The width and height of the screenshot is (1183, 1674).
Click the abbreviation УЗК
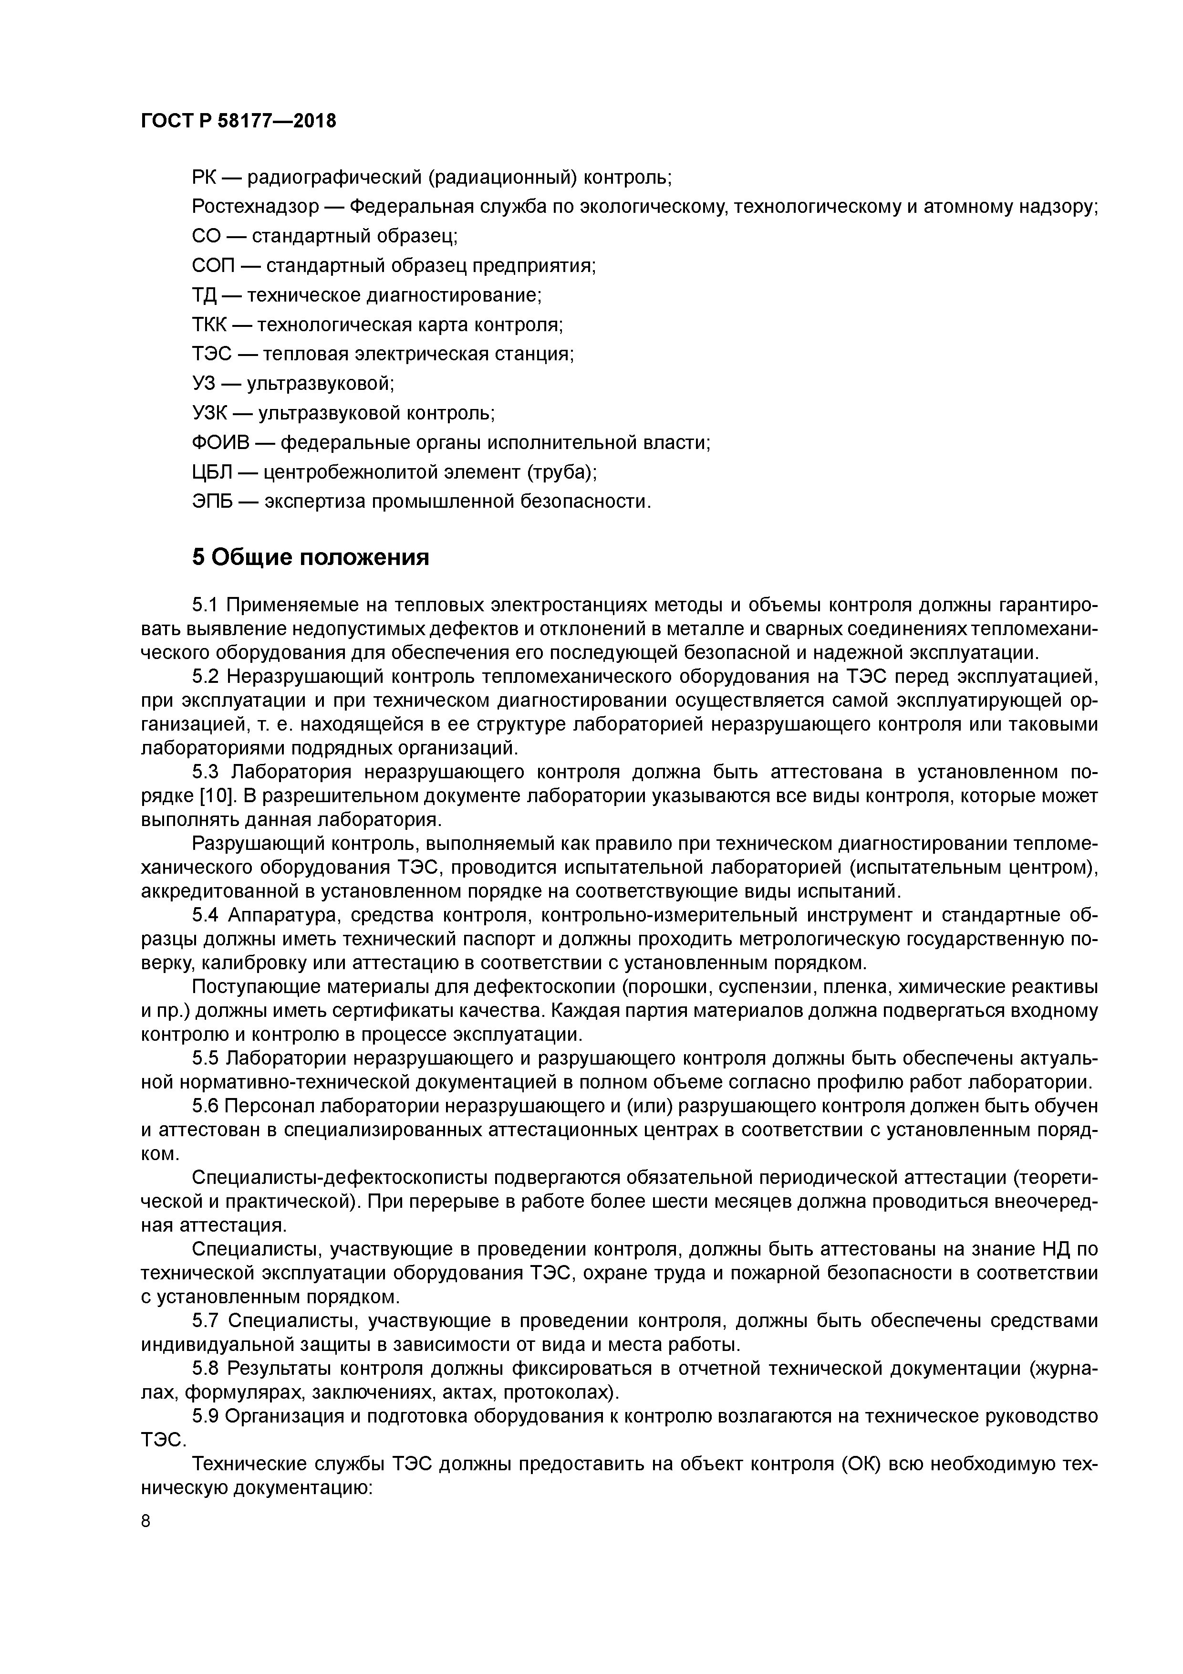[x=210, y=413]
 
